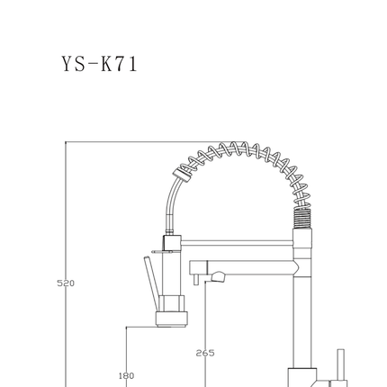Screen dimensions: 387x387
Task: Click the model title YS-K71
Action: click(100, 64)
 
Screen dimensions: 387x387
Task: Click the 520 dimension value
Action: click(66, 283)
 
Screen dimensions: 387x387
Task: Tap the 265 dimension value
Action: click(205, 353)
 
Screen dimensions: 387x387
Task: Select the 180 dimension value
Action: click(126, 375)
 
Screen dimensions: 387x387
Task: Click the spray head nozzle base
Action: click(172, 319)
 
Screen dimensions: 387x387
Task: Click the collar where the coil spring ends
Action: click(182, 175)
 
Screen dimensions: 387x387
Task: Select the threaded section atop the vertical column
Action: click(301, 218)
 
